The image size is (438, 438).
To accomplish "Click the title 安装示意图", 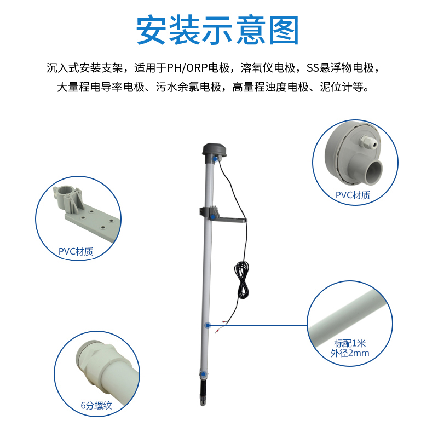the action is click(217, 30).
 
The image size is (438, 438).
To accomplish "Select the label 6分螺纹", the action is click(96, 405).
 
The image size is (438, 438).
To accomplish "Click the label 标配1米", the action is click(350, 343).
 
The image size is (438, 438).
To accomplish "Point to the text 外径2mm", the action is click(350, 353).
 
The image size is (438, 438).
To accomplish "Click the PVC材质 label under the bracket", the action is click(76, 251).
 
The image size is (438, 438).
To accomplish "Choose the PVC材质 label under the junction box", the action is click(353, 195).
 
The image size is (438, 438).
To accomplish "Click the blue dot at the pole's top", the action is click(215, 159).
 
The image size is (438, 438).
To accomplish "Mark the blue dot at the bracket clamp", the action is click(212, 217).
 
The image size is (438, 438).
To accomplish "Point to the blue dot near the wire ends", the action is click(208, 325).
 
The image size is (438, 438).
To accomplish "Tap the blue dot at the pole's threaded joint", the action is click(204, 374).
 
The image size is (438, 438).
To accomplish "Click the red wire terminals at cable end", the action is click(220, 326).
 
